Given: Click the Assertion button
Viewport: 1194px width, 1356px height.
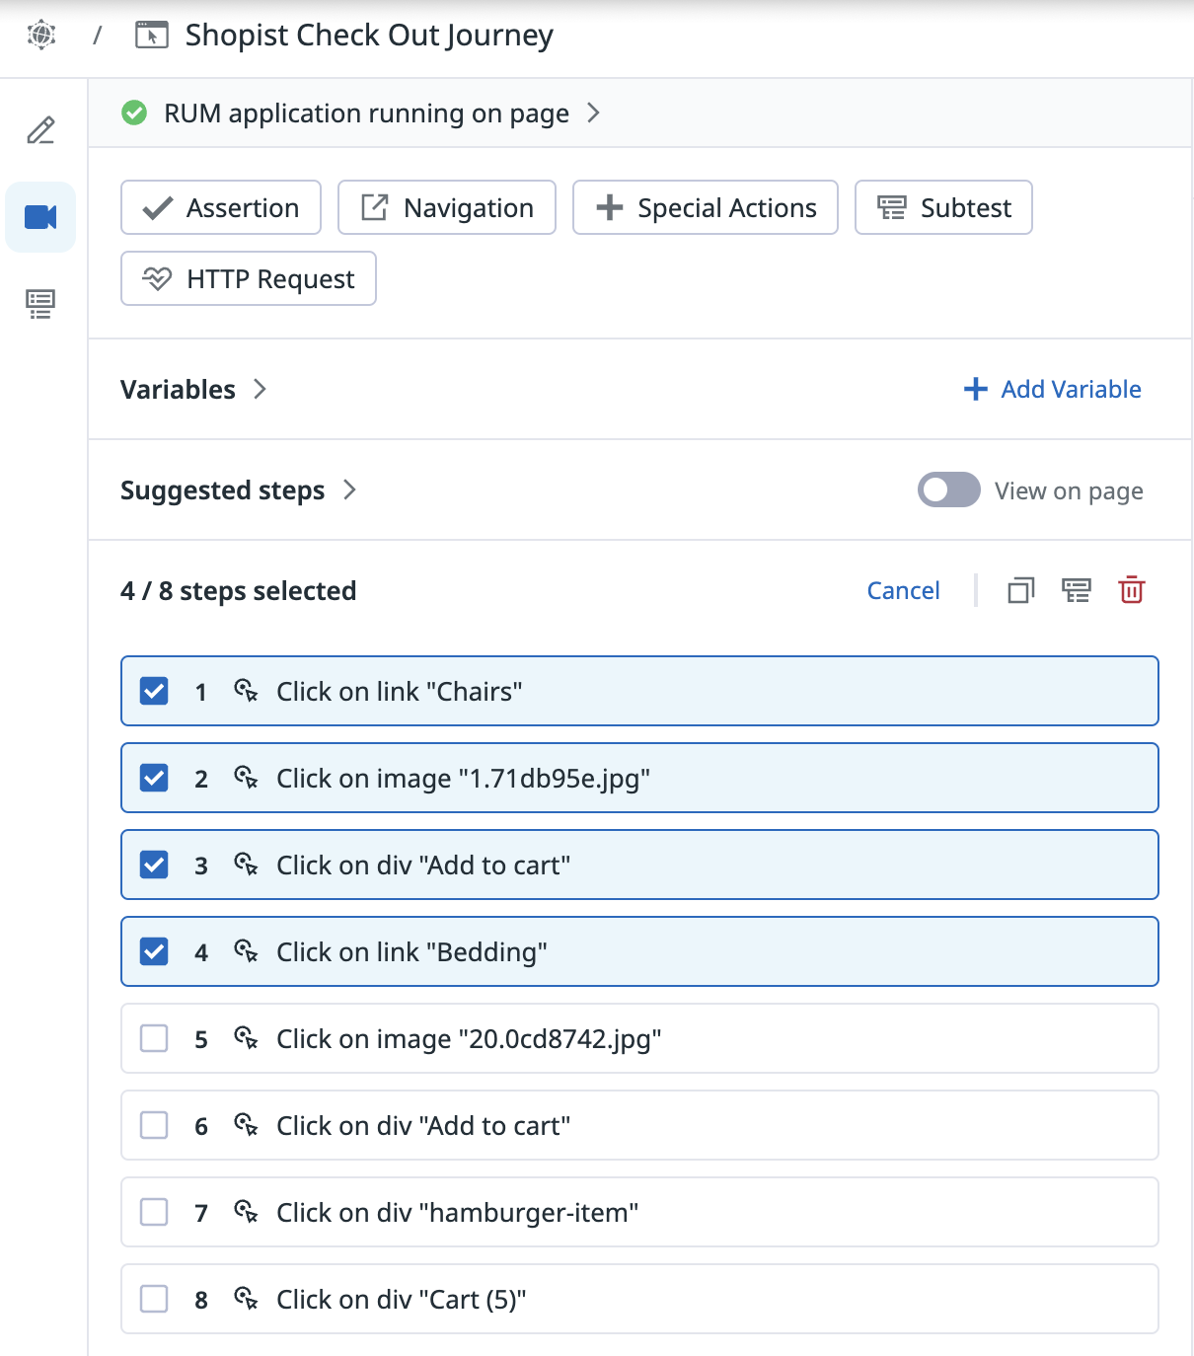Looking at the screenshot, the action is [221, 207].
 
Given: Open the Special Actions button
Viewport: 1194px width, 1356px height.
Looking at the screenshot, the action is [705, 207].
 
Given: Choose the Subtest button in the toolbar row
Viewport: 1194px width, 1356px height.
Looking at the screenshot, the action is [943, 207].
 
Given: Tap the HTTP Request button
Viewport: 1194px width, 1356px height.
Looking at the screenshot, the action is [249, 278].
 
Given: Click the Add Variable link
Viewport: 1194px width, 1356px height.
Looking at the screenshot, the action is [1052, 389].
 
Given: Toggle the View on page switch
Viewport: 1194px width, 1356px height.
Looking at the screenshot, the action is [948, 490].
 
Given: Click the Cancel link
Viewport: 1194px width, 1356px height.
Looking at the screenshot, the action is [903, 591].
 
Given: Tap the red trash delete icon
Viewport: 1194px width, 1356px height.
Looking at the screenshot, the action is [1131, 590].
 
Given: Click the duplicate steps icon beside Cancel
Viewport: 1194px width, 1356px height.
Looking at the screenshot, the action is [1020, 590].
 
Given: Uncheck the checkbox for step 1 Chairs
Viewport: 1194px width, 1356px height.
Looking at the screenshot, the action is [154, 691].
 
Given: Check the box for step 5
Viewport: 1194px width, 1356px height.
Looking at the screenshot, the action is [154, 1039].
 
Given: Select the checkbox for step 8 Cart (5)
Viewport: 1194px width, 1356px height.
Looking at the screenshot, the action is [154, 1299].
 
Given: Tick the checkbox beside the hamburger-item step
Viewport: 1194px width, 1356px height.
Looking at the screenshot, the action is [154, 1212].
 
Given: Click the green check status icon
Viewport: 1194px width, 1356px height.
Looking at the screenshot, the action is [134, 113].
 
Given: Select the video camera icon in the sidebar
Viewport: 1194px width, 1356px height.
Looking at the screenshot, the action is [40, 217].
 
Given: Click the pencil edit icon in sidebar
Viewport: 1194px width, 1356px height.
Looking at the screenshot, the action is [40, 130].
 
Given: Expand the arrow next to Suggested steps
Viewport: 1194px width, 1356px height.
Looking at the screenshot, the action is [349, 490].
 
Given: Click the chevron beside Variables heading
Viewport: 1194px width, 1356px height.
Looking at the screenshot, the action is [261, 389].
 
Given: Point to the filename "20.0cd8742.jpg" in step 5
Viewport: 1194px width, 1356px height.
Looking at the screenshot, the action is [560, 1039].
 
